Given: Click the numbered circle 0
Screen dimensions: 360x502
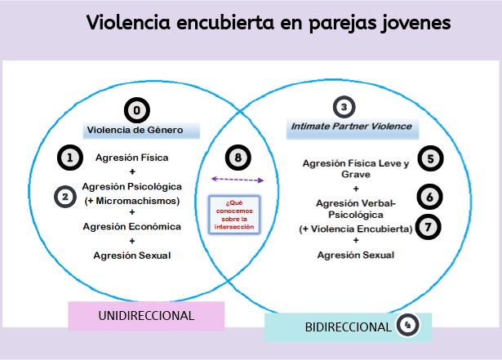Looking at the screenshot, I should pos(137,110).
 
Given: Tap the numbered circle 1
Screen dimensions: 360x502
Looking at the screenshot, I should pos(72,158).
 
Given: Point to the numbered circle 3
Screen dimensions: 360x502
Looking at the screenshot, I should pos(344,107).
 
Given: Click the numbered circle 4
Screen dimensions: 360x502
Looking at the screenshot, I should pos(406,327).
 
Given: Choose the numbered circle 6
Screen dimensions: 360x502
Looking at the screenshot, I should pos(429,196).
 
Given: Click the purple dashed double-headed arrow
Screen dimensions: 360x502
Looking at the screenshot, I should pos(238,180).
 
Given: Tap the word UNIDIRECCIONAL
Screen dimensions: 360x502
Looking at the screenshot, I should pos(146,316).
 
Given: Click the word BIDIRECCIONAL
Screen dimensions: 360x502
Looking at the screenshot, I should pos(348,327).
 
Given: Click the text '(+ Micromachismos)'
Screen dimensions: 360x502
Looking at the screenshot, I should pos(132,201).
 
